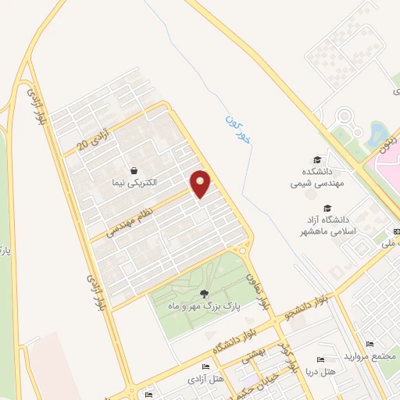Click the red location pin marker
click(202, 183)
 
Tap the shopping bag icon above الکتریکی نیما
click(134, 170)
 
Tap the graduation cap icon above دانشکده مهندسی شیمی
click(316, 159)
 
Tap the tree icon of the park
click(204, 295)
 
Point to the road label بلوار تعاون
click(259, 290)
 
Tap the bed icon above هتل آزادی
click(205, 367)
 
